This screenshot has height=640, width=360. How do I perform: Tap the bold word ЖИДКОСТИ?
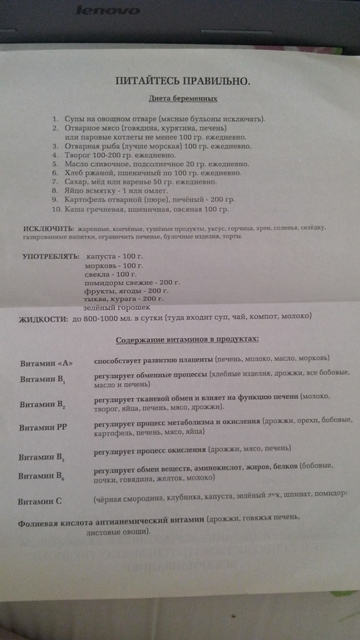(x=47, y=319)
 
